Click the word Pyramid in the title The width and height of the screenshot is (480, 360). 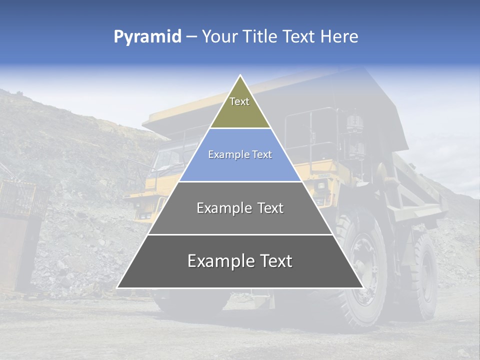[x=147, y=37]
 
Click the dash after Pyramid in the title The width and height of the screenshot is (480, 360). [x=191, y=37]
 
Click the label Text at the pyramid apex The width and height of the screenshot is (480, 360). [x=239, y=101]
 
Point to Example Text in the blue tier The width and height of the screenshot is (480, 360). [x=240, y=154]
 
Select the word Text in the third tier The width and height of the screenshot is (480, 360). [x=270, y=208]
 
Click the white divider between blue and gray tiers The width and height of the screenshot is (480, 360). [x=240, y=181]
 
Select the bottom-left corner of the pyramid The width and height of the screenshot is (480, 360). [x=117, y=287]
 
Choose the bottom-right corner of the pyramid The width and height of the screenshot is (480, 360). [x=362, y=287]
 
